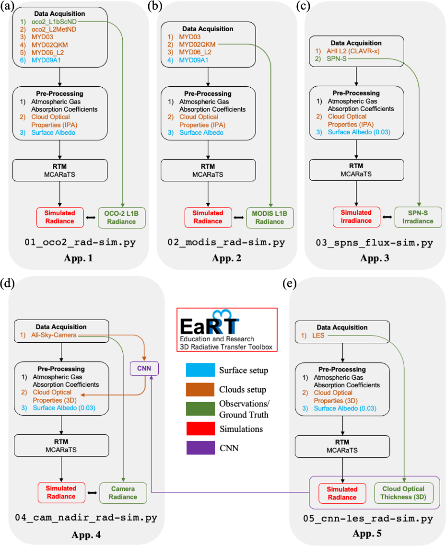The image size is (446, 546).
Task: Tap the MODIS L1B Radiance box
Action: (270, 217)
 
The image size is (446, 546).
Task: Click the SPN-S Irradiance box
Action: (418, 217)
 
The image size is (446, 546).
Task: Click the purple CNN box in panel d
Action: (144, 368)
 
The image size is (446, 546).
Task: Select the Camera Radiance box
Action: (123, 493)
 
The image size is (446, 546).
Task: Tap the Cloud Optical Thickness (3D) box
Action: (406, 493)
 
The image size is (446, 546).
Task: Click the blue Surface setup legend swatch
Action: (201, 371)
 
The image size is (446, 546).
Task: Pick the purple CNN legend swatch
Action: (201, 448)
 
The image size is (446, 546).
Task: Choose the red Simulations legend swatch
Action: (201, 429)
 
